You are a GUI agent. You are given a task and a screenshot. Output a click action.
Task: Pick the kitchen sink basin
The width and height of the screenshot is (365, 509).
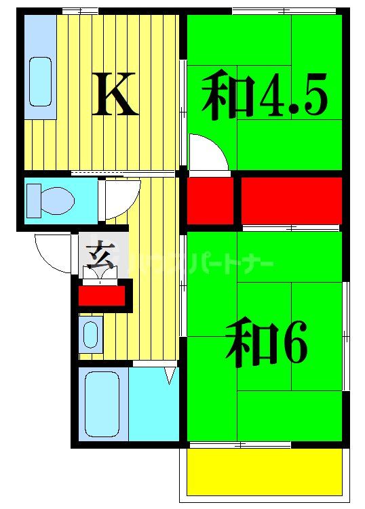point(41,81)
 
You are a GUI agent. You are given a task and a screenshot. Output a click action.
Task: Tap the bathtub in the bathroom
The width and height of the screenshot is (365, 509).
point(102,404)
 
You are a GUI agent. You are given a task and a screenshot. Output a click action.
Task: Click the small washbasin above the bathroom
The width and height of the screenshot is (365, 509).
point(90,333)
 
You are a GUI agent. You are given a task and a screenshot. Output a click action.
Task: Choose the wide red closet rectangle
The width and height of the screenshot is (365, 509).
point(291,199)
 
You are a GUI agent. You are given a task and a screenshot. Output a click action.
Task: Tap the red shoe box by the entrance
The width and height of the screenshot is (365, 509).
point(102,296)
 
